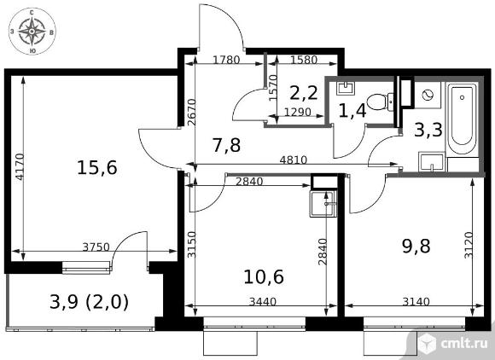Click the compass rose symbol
click(32, 31)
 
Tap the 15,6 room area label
click(97, 167)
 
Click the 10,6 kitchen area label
click(264, 276)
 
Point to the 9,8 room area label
click(416, 246)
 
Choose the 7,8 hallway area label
click(227, 145)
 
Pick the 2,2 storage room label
click(303, 93)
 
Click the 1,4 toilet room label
click(352, 111)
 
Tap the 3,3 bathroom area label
click(428, 130)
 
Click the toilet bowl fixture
click(381, 102)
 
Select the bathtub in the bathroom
click(463, 119)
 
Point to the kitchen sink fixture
click(323, 204)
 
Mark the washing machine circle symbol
click(428, 95)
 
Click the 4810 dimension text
click(294, 160)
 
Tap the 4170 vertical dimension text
click(20, 166)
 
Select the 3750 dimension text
click(96, 247)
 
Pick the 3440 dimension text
click(263, 302)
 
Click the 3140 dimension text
click(416, 302)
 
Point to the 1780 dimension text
click(226, 60)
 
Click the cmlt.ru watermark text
click(463, 344)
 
